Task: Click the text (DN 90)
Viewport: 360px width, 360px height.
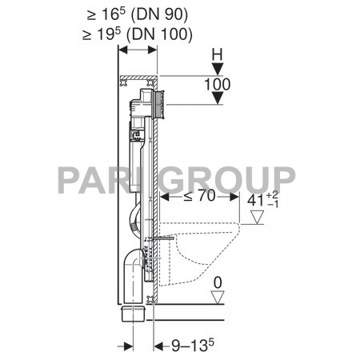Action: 159,14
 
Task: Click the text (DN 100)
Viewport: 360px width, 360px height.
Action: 159,34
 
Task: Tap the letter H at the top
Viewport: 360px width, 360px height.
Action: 217,55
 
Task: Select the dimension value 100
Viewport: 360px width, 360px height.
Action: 217,84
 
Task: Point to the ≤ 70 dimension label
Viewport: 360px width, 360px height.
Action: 199,196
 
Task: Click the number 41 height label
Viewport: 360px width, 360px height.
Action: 255,201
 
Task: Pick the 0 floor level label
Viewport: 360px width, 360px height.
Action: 218,282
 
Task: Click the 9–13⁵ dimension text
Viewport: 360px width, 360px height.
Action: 193,345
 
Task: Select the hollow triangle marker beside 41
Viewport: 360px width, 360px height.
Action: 257,217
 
